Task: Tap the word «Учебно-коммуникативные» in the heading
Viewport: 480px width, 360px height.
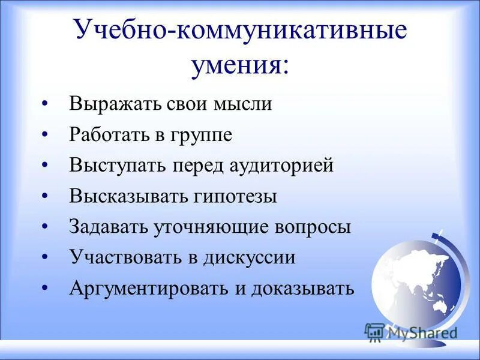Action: [239, 31]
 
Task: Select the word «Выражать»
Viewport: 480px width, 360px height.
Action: [113, 103]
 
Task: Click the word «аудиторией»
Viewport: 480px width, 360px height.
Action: [282, 165]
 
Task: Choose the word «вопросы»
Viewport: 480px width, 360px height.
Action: [313, 227]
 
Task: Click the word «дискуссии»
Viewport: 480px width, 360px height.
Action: [250, 258]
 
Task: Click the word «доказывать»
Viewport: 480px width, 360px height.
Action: [303, 289]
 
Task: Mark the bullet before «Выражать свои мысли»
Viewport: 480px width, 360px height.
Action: [46, 104]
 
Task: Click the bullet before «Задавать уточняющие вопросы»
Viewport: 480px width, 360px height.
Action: [46, 228]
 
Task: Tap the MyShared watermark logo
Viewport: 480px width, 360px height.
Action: [411, 332]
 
